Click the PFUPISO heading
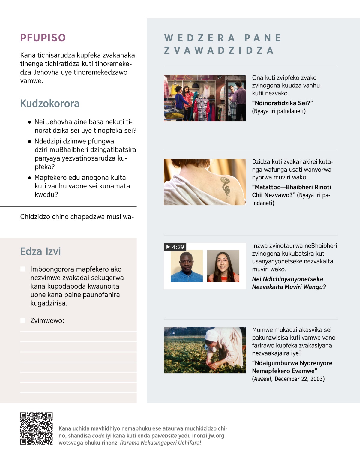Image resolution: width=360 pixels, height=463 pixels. click(x=43, y=38)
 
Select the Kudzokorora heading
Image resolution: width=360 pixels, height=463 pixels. click(x=50, y=104)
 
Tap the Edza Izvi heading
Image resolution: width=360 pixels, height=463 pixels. click(x=40, y=251)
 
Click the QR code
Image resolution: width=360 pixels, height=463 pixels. click(x=36, y=428)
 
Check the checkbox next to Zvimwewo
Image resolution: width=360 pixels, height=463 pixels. click(x=23, y=320)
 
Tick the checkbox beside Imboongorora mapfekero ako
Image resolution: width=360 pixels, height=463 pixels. click(x=23, y=269)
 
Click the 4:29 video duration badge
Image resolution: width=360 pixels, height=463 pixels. click(x=175, y=247)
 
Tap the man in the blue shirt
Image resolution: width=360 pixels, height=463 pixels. click(x=187, y=267)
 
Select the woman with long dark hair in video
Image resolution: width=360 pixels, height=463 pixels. click(x=223, y=267)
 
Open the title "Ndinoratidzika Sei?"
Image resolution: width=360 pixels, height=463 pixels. click(x=282, y=103)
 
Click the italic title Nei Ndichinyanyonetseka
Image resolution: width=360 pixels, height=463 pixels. click(x=287, y=279)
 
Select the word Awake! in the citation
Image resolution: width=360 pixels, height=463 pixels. click(x=263, y=379)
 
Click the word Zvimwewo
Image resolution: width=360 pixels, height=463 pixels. click(x=47, y=320)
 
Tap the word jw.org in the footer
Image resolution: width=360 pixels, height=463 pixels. click(x=216, y=436)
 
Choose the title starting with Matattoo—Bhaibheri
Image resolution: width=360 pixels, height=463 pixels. click(x=291, y=187)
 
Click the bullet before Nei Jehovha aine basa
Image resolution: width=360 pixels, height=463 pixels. click(x=29, y=122)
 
